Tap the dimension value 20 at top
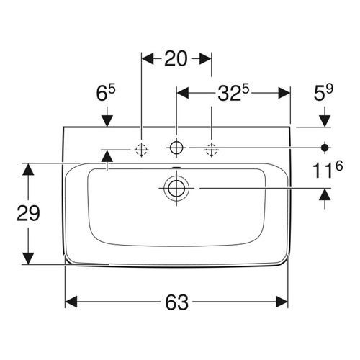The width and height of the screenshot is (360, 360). (x=176, y=58)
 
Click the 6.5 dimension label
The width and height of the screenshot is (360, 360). (x=107, y=93)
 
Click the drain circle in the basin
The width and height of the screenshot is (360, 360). (x=175, y=188)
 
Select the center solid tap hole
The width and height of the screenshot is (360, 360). (x=175, y=148)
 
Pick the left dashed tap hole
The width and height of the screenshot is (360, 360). (x=141, y=148)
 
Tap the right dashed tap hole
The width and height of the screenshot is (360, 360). (x=211, y=148)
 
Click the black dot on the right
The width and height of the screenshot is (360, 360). (x=325, y=148)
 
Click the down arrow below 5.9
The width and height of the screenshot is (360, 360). (x=325, y=119)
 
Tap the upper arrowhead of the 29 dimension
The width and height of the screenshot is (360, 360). (x=27, y=170)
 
